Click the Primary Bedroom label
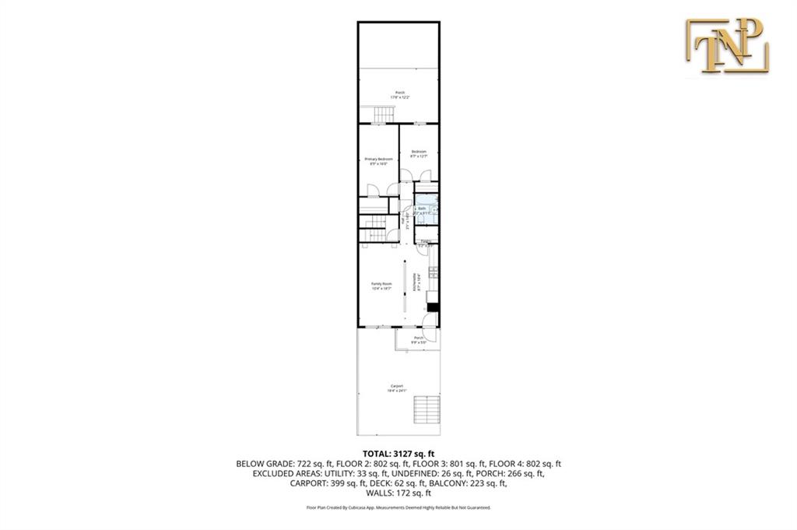[x=378, y=161]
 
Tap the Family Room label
[x=381, y=286]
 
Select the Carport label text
[x=398, y=388]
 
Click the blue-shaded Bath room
[x=425, y=209]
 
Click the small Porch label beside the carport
[x=419, y=339]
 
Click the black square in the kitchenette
[x=434, y=307]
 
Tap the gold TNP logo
[x=727, y=47]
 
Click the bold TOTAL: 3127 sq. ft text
[x=398, y=453]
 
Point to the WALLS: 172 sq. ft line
[x=398, y=493]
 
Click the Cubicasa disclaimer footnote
[x=398, y=507]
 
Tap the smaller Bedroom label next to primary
[x=419, y=153]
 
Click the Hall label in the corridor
[x=404, y=223]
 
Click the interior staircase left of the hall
[x=375, y=230]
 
